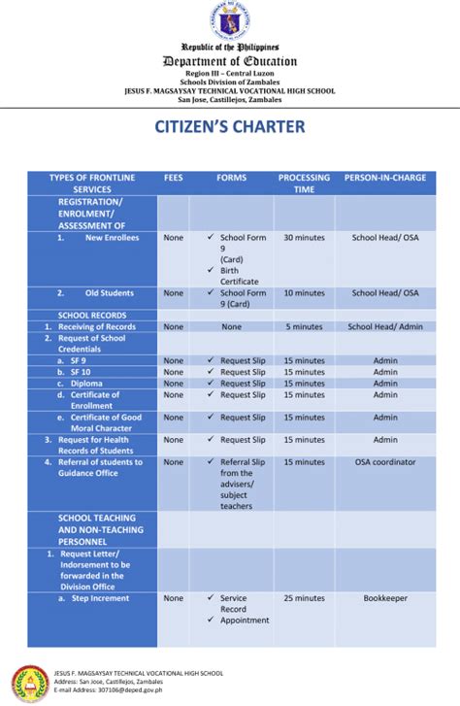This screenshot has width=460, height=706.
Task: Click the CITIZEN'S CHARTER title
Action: [x=230, y=127]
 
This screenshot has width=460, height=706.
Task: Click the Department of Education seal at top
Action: [x=230, y=19]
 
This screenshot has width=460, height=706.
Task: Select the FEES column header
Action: [x=173, y=178]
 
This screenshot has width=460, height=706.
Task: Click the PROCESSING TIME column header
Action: [x=304, y=184]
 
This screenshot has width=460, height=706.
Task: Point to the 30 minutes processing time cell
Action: [x=304, y=238]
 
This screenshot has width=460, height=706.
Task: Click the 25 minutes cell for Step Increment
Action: [x=304, y=598]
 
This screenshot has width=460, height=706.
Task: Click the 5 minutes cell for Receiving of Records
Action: [x=304, y=327]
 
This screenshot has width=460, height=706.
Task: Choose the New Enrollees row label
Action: [x=111, y=238]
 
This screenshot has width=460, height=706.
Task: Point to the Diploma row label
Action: [x=85, y=384]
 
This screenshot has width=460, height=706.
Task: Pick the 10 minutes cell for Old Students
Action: [x=304, y=292]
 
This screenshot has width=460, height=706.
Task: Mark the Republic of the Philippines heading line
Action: [x=230, y=47]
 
